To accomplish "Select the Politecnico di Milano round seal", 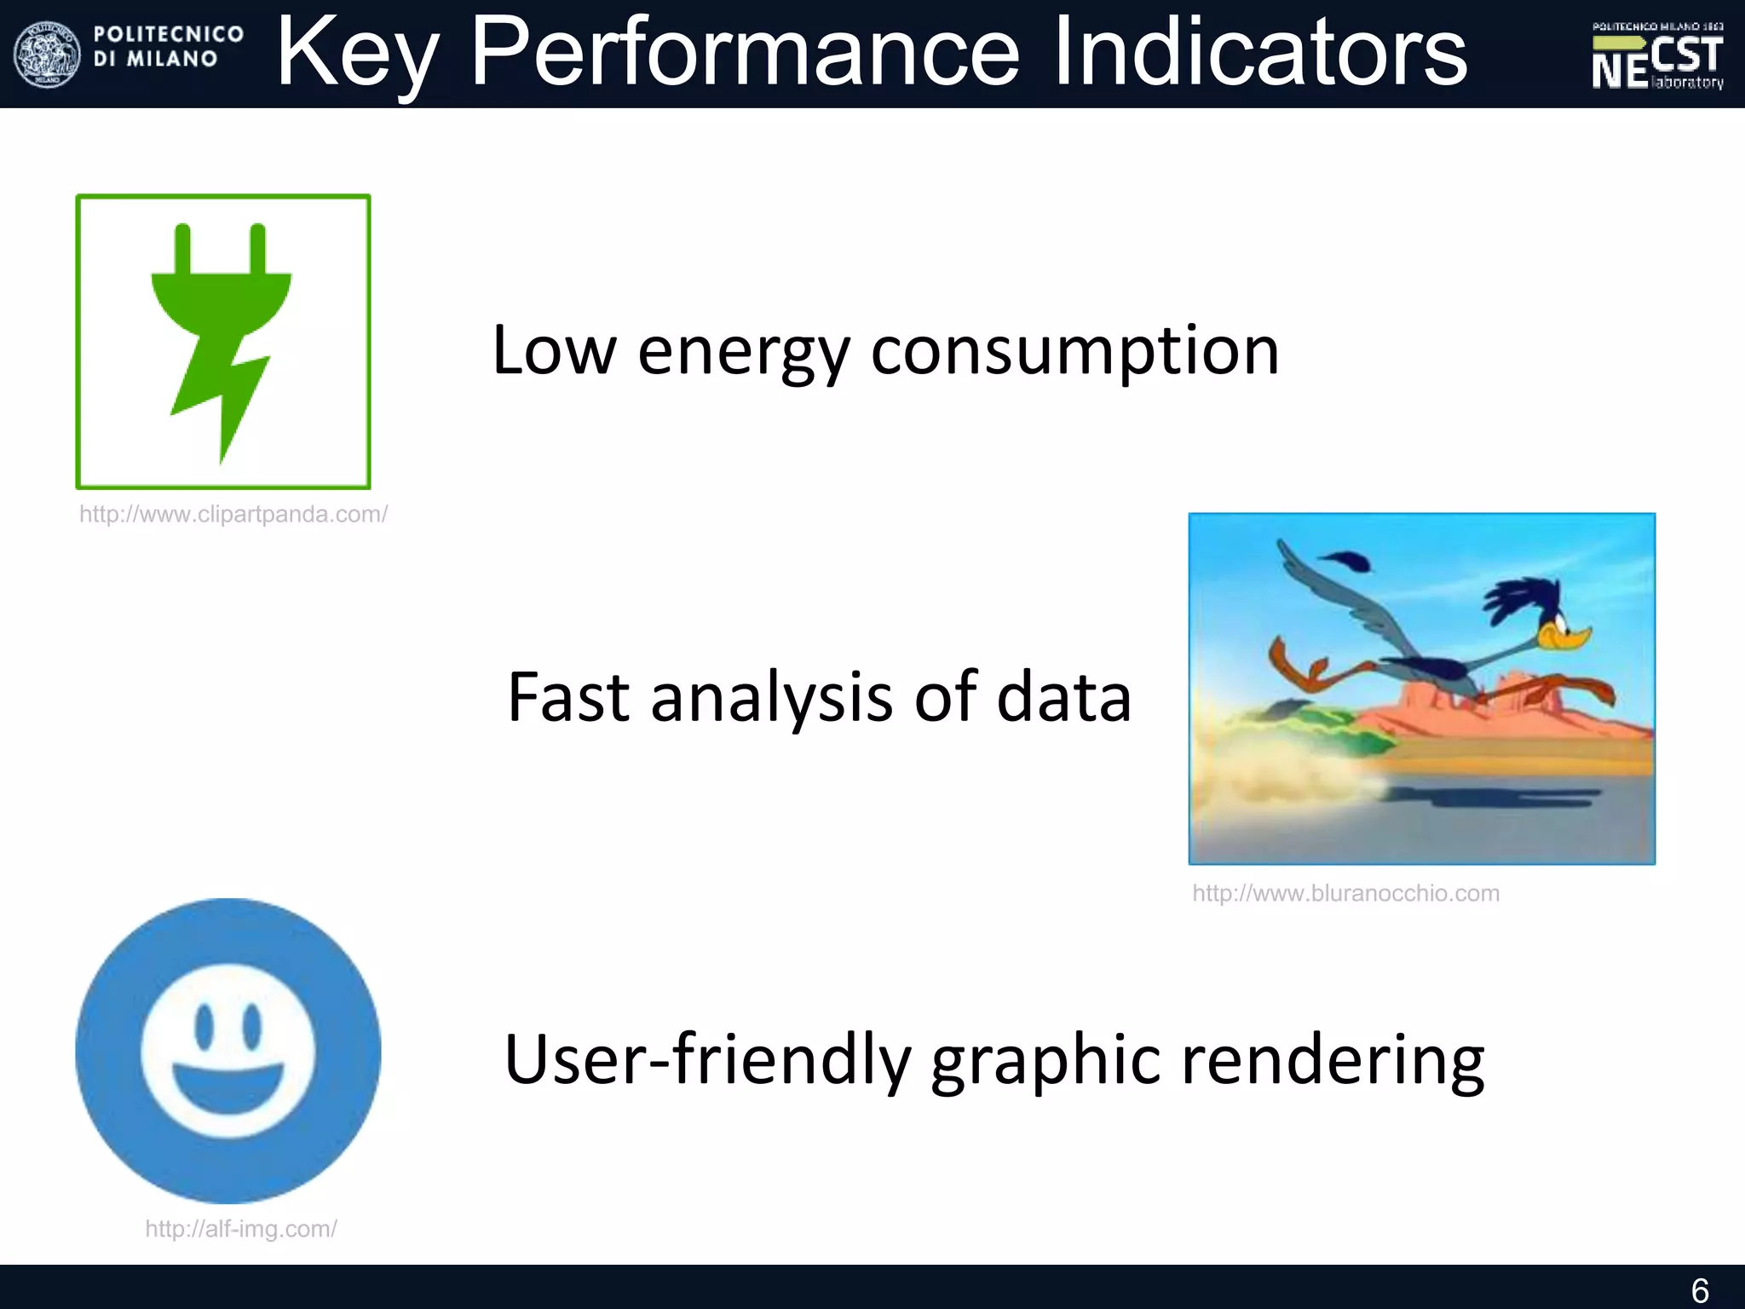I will coord(47,55).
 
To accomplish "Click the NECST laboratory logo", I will coord(1657,56).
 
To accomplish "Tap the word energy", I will coord(743,351).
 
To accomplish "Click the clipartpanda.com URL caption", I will coord(233,515).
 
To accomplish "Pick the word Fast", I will coord(568,697).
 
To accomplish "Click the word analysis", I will coord(772,697).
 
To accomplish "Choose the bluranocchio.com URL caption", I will coord(1345,893).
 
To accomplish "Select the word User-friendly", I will coord(706,1059).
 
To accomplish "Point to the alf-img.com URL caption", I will coord(241,1229).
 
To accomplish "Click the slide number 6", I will coord(1699,1290).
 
